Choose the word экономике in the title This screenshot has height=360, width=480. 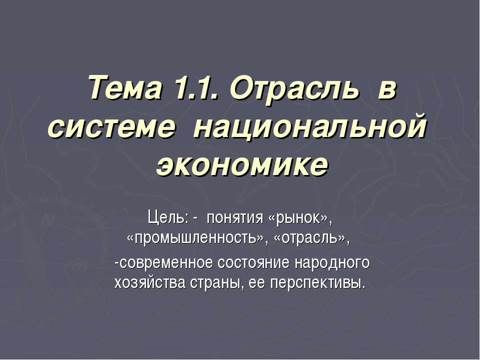pyautogui.click(x=242, y=165)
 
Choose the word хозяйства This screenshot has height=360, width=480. pyautogui.click(x=149, y=283)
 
